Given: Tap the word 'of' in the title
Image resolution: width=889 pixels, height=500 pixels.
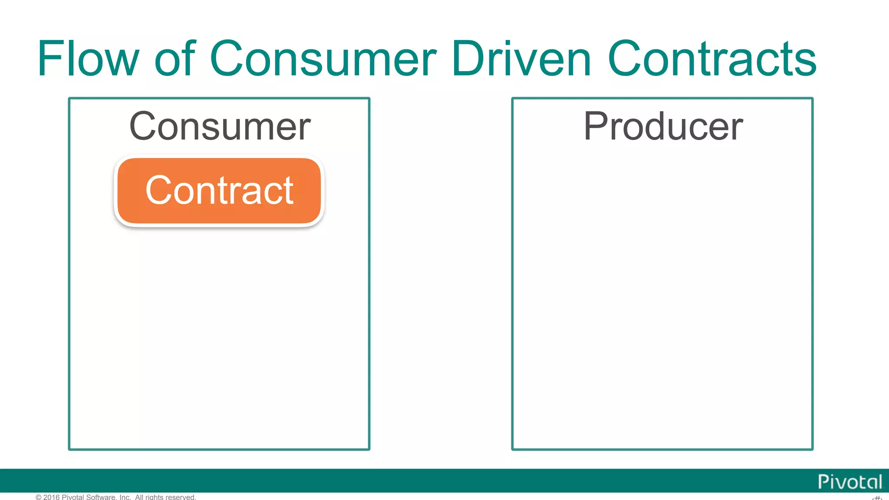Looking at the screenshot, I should click(175, 59).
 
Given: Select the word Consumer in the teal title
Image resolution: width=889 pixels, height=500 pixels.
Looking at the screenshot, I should click(323, 59).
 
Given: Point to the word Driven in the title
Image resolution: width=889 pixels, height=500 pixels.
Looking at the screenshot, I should click(521, 59).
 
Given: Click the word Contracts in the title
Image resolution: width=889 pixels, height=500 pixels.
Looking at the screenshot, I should click(712, 59).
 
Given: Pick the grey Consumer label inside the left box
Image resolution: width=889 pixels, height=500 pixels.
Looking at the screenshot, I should click(220, 127).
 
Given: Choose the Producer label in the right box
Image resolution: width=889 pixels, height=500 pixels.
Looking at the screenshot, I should click(663, 127).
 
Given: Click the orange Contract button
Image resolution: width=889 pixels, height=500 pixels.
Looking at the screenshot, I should click(219, 191).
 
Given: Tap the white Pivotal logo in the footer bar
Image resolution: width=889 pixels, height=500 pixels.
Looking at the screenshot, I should click(849, 482).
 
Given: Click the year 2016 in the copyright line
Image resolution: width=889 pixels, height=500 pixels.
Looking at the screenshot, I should click(51, 497).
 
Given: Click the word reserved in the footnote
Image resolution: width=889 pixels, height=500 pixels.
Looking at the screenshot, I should click(180, 497).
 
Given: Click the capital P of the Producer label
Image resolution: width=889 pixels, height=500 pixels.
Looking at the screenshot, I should click(594, 127).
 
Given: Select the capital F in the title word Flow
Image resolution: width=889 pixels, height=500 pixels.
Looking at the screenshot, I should click(47, 59).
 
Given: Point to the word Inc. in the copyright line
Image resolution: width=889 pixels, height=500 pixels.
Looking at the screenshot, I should click(125, 497).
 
